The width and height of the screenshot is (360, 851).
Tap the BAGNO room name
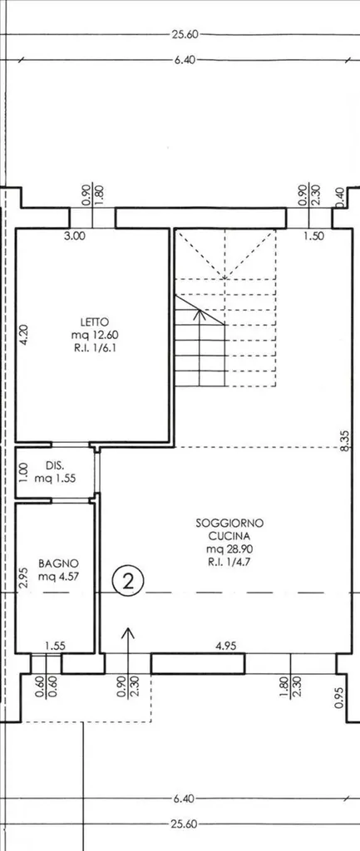[x=59, y=563]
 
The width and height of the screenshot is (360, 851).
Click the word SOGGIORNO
[x=229, y=524]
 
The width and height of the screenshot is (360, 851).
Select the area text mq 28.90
[x=229, y=548]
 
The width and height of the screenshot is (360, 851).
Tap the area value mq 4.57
[x=59, y=577]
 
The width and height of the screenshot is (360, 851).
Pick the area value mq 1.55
[x=55, y=479]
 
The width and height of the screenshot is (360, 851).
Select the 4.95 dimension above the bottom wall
[x=226, y=646]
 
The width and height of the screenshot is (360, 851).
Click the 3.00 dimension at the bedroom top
[x=75, y=235]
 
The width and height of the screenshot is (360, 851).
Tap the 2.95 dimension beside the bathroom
[x=22, y=578]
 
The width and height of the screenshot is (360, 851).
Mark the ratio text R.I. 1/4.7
[x=229, y=562]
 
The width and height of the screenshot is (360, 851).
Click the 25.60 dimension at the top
[x=185, y=35]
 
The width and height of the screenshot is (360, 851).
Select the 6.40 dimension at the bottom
[x=184, y=799]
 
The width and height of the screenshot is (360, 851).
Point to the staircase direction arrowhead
[x=200, y=312]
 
